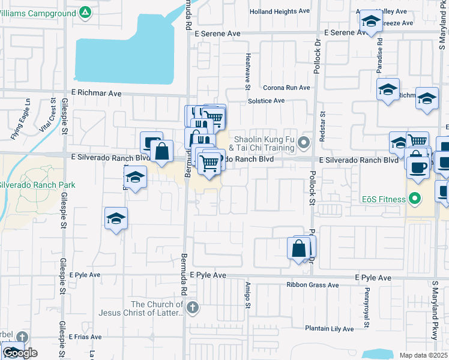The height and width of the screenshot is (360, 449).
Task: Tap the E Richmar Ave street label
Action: coord(96,94)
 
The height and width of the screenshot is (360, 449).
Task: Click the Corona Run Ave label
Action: coord(286,88)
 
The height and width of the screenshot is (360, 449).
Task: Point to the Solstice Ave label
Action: coord(266,101)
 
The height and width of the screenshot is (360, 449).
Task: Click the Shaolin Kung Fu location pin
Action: coord(304,143)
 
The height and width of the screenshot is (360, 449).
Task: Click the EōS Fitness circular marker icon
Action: coord(414,198)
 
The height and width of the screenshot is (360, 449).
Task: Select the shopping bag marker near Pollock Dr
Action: coord(299,248)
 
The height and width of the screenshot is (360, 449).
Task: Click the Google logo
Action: coord(20,353)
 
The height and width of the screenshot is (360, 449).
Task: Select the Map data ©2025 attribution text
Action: coord(423,355)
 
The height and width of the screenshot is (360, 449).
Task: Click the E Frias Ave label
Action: coord(85,337)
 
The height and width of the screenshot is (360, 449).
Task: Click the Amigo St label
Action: coord(247,296)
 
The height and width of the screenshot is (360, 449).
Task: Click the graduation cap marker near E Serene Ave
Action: coord(371,23)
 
